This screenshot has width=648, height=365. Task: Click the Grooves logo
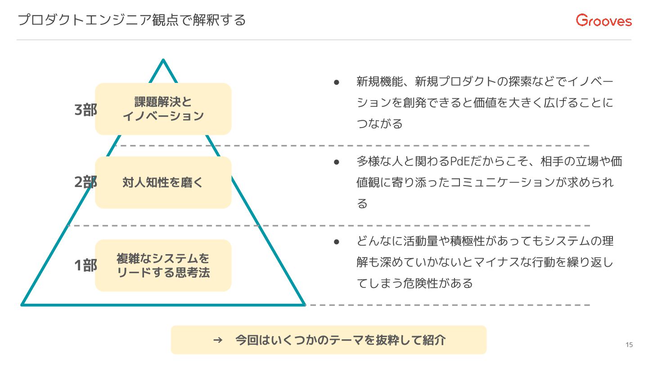coord(604,20)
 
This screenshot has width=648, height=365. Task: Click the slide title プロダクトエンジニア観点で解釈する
coord(132,20)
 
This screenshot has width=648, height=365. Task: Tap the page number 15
coord(629,345)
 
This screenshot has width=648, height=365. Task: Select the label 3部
coord(85,110)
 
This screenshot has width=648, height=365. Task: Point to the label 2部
coord(85,182)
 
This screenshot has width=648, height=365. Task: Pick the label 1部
coord(85,265)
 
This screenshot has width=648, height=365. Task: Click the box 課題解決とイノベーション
coord(163,109)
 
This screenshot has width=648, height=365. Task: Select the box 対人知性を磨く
coord(163,182)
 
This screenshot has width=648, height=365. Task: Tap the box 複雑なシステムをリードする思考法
coord(163,265)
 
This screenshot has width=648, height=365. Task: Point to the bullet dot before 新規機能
coord(336,82)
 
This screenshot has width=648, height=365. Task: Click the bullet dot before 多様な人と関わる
coord(336,161)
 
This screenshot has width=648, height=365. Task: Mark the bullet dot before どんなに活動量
coord(336,242)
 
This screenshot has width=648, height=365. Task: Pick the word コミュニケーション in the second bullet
coord(488,182)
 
